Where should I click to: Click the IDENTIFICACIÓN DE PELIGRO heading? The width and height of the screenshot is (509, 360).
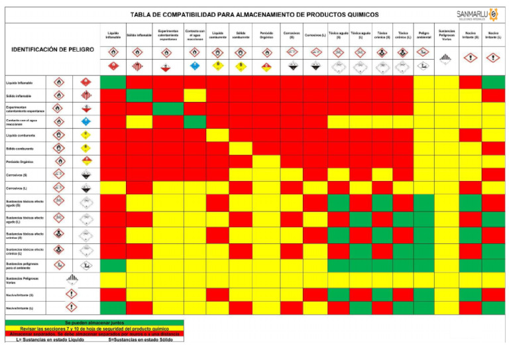pos(48,49)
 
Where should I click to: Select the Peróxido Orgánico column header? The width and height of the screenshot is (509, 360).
pos(266,34)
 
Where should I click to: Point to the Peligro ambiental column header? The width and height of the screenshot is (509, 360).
pos(424,34)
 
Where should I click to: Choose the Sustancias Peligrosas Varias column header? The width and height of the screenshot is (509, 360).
pos(447,34)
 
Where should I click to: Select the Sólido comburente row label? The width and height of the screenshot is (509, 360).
pos(21,148)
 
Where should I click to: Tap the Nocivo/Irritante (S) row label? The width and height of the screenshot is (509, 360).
pos(21,294)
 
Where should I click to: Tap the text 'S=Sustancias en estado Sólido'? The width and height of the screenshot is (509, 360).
pos(141,339)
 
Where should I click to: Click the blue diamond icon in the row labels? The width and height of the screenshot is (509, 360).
pos(85,122)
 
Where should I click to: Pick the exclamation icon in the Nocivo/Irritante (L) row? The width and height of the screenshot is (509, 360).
pos(71,308)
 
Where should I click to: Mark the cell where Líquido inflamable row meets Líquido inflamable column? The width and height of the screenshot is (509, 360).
pos(113,82)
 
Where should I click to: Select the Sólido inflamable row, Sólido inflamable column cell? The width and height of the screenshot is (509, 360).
pos(139,95)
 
